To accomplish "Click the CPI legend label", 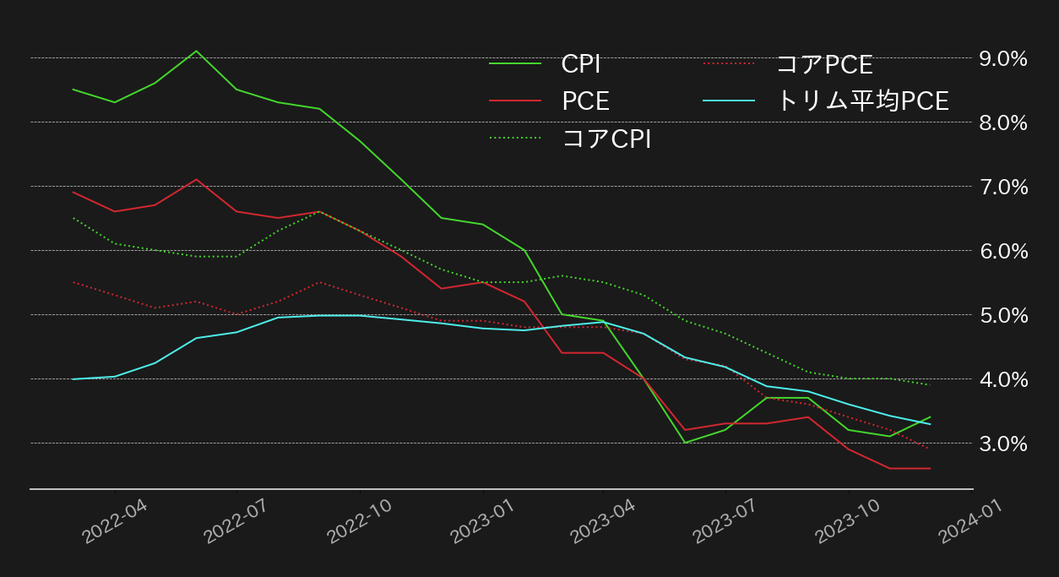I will click(581, 64).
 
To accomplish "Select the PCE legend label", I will click(585, 101).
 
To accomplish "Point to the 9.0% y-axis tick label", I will click(1002, 58).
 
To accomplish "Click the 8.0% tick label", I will click(1002, 122).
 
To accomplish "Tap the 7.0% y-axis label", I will click(1002, 187).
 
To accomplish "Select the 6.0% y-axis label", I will click(1002, 251).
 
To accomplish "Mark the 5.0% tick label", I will click(1002, 315).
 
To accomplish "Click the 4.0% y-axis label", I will click(1002, 379).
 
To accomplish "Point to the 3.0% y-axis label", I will click(1002, 444).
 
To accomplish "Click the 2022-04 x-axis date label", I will click(113, 521).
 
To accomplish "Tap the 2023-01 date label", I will click(481, 521).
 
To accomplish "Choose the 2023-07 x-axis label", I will click(725, 521).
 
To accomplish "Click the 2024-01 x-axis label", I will click(971, 521).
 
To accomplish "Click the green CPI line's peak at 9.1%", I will click(196, 51).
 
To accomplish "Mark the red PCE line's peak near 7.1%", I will click(196, 179).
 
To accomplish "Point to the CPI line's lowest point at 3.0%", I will click(685, 443).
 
